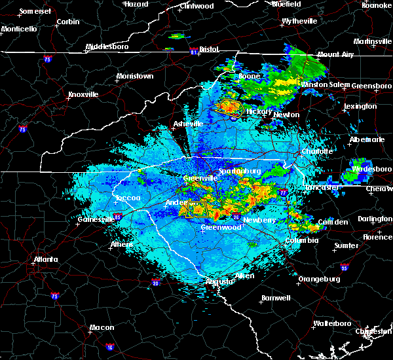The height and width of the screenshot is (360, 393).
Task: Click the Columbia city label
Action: point(301,240)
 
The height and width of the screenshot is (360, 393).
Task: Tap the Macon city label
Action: point(102,327)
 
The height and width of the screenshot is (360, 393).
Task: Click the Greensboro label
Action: point(371,86)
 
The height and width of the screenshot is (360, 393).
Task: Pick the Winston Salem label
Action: point(325,85)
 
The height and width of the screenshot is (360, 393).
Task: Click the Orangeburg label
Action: point(319,279)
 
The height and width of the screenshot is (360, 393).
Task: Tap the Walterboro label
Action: point(333,323)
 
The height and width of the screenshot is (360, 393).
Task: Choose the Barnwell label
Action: point(276,298)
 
